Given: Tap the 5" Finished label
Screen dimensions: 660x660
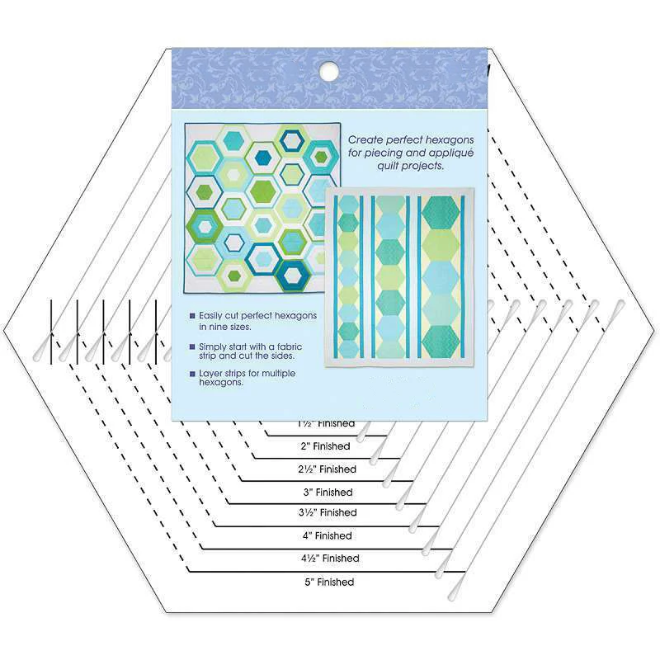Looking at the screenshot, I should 328,582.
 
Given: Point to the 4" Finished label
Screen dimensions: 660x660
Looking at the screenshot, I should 327,536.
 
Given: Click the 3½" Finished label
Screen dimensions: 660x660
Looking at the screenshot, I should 328,513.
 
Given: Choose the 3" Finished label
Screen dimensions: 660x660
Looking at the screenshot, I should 328,493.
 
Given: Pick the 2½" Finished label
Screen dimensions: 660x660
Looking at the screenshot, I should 327,469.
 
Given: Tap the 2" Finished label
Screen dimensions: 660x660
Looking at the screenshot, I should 325,446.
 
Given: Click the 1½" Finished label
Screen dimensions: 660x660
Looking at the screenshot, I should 326,424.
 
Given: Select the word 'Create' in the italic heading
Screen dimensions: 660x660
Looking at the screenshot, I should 366,141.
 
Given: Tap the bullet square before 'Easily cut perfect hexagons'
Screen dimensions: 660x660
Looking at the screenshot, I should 192,316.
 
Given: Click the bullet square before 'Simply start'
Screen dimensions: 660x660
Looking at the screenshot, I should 192,345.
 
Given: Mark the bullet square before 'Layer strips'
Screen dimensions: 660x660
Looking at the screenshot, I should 192,374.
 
